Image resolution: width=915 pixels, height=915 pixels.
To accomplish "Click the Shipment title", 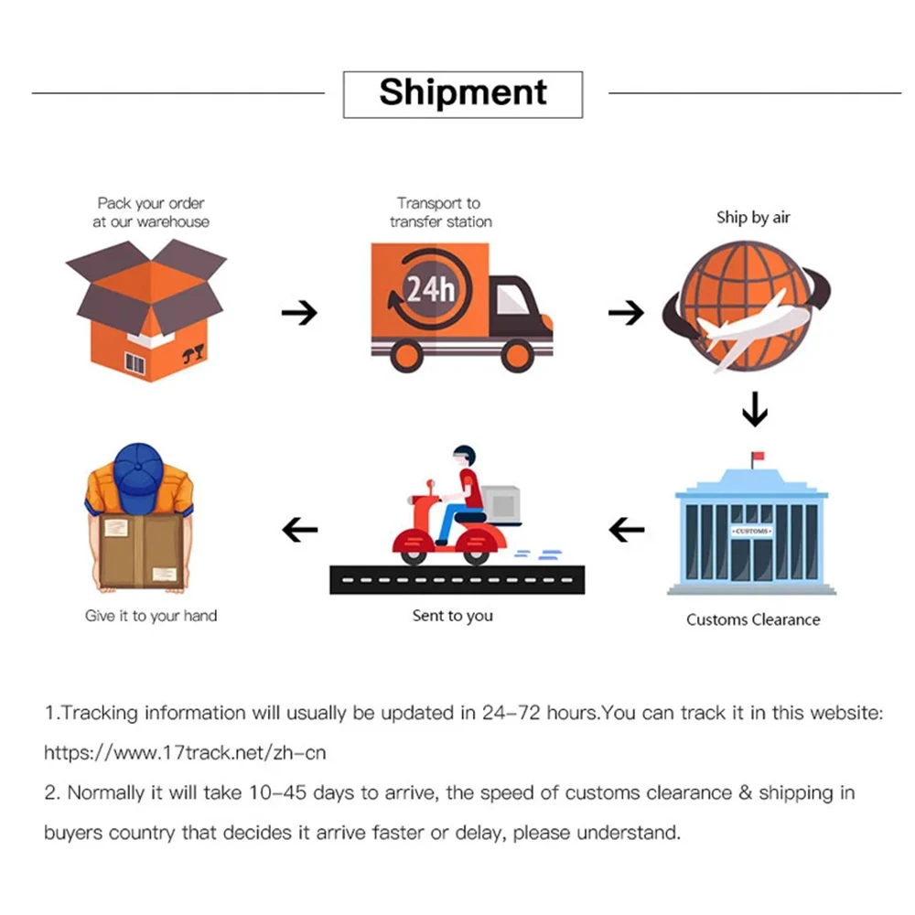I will pyautogui.click(x=463, y=93).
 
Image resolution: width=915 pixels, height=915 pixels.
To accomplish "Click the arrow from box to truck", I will pyautogui.click(x=298, y=313).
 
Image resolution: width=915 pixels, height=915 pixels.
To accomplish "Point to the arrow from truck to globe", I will pyautogui.click(x=626, y=313).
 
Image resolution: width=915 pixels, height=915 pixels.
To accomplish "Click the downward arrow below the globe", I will pyautogui.click(x=754, y=409).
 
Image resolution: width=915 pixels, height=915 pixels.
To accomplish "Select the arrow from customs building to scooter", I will pyautogui.click(x=626, y=528).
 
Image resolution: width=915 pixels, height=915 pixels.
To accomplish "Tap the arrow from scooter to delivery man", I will pyautogui.click(x=298, y=528).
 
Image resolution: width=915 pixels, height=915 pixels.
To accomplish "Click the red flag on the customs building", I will pyautogui.click(x=757, y=456).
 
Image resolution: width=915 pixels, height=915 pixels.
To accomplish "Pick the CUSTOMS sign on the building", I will pyautogui.click(x=751, y=531).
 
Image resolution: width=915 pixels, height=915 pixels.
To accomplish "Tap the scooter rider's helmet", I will pyautogui.click(x=466, y=455).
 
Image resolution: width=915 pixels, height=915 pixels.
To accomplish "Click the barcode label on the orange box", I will pyautogui.click(x=135, y=364).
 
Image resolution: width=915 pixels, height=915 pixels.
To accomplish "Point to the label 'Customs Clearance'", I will pyautogui.click(x=753, y=619).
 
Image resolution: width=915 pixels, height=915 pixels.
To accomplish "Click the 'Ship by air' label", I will pyautogui.click(x=752, y=218).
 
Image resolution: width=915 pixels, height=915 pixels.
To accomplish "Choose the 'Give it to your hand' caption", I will pyautogui.click(x=151, y=616).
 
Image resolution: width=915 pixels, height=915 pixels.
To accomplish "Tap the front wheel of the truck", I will pyautogui.click(x=518, y=353).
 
